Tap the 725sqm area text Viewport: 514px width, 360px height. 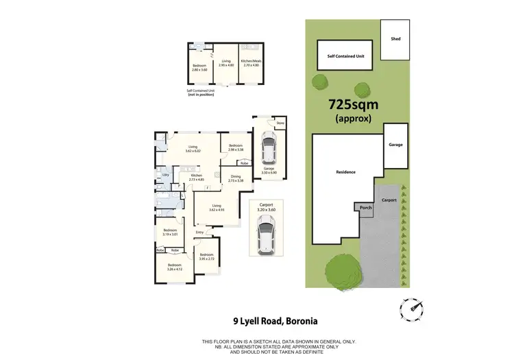coord(355,106)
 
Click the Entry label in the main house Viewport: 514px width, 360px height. coord(199,232)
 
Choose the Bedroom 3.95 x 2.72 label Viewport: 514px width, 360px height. coord(206,256)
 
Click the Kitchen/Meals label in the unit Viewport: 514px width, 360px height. coord(251,63)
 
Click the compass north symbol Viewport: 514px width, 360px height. coord(414,309)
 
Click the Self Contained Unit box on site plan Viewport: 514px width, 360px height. coord(345,55)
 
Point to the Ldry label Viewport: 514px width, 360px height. coord(166,176)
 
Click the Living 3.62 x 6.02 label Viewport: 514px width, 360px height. coord(193,149)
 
